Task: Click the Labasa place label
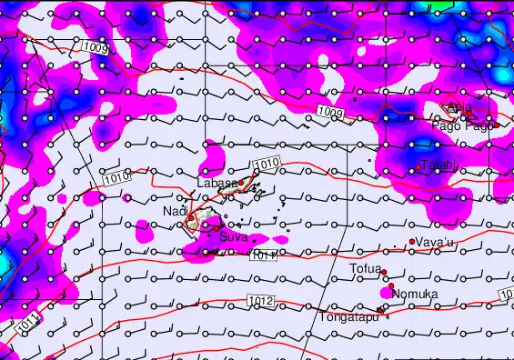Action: (217, 182)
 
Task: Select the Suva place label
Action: (233, 237)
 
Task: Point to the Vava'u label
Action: (434, 242)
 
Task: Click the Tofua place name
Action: (365, 268)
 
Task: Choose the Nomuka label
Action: (414, 294)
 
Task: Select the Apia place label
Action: (460, 106)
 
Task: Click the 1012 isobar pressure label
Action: (260, 301)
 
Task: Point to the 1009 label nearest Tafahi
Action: (331, 112)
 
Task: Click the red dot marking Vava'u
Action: (412, 242)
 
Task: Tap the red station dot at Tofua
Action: (384, 273)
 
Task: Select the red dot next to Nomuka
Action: (390, 287)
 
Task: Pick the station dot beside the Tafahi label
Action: (418, 167)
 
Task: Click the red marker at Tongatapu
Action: (380, 310)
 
